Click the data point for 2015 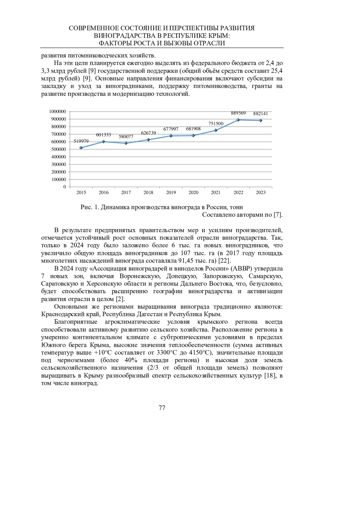(x=81, y=148)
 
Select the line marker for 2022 (x=238, y=120)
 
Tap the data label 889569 (x=238, y=113)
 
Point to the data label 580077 (x=126, y=136)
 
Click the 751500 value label (x=216, y=124)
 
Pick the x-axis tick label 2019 (x=171, y=193)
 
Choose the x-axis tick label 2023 (x=261, y=193)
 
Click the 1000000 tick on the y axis (x=57, y=112)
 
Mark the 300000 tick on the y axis (x=58, y=164)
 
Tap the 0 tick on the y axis (x=64, y=187)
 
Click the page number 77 (x=162, y=408)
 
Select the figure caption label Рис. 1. (x=89, y=207)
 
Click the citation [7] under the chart (x=277, y=215)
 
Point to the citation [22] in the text (x=224, y=261)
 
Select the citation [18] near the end (x=270, y=376)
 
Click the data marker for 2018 (x=148, y=140)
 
